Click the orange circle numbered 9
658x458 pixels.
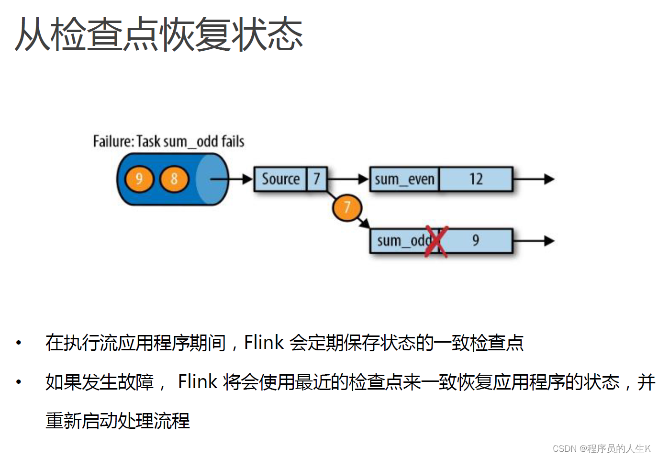[139, 179]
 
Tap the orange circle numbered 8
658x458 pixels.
[174, 179]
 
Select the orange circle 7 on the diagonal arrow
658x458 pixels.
[347, 208]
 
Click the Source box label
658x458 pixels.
[280, 179]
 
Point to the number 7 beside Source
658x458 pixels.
[317, 179]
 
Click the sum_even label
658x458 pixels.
[404, 179]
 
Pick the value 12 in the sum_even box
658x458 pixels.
[476, 179]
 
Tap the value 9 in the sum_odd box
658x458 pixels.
[475, 240]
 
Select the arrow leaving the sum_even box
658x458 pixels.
[534, 179]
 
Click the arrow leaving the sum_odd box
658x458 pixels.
[534, 241]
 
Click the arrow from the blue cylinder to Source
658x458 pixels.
[232, 179]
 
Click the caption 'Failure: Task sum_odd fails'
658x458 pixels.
[168, 142]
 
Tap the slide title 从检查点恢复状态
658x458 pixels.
[159, 34]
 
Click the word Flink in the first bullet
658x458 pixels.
[264, 343]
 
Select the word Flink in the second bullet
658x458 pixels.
[198, 382]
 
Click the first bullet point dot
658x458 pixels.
[19, 343]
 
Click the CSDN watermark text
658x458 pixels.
[602, 448]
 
